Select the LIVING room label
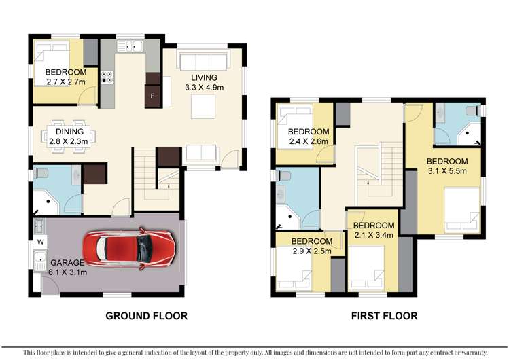coord(205,77)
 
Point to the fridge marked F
coord(152,96)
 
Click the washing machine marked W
coord(40,240)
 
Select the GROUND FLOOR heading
coord(145,316)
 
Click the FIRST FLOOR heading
coord(384,316)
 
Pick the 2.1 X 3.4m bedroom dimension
coord(374,236)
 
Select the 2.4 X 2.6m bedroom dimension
coord(308,142)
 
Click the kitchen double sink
coord(128,46)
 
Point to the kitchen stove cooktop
coord(107,77)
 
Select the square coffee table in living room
coord(203,105)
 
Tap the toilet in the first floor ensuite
coord(470,111)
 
